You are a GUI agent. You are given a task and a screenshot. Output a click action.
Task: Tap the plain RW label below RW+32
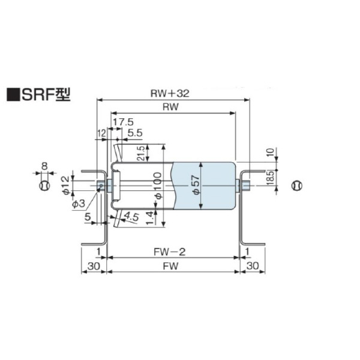click(x=170, y=106)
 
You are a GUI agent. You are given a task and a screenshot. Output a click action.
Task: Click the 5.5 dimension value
click(x=135, y=132)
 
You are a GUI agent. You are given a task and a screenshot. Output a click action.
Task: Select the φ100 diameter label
click(x=158, y=187)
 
